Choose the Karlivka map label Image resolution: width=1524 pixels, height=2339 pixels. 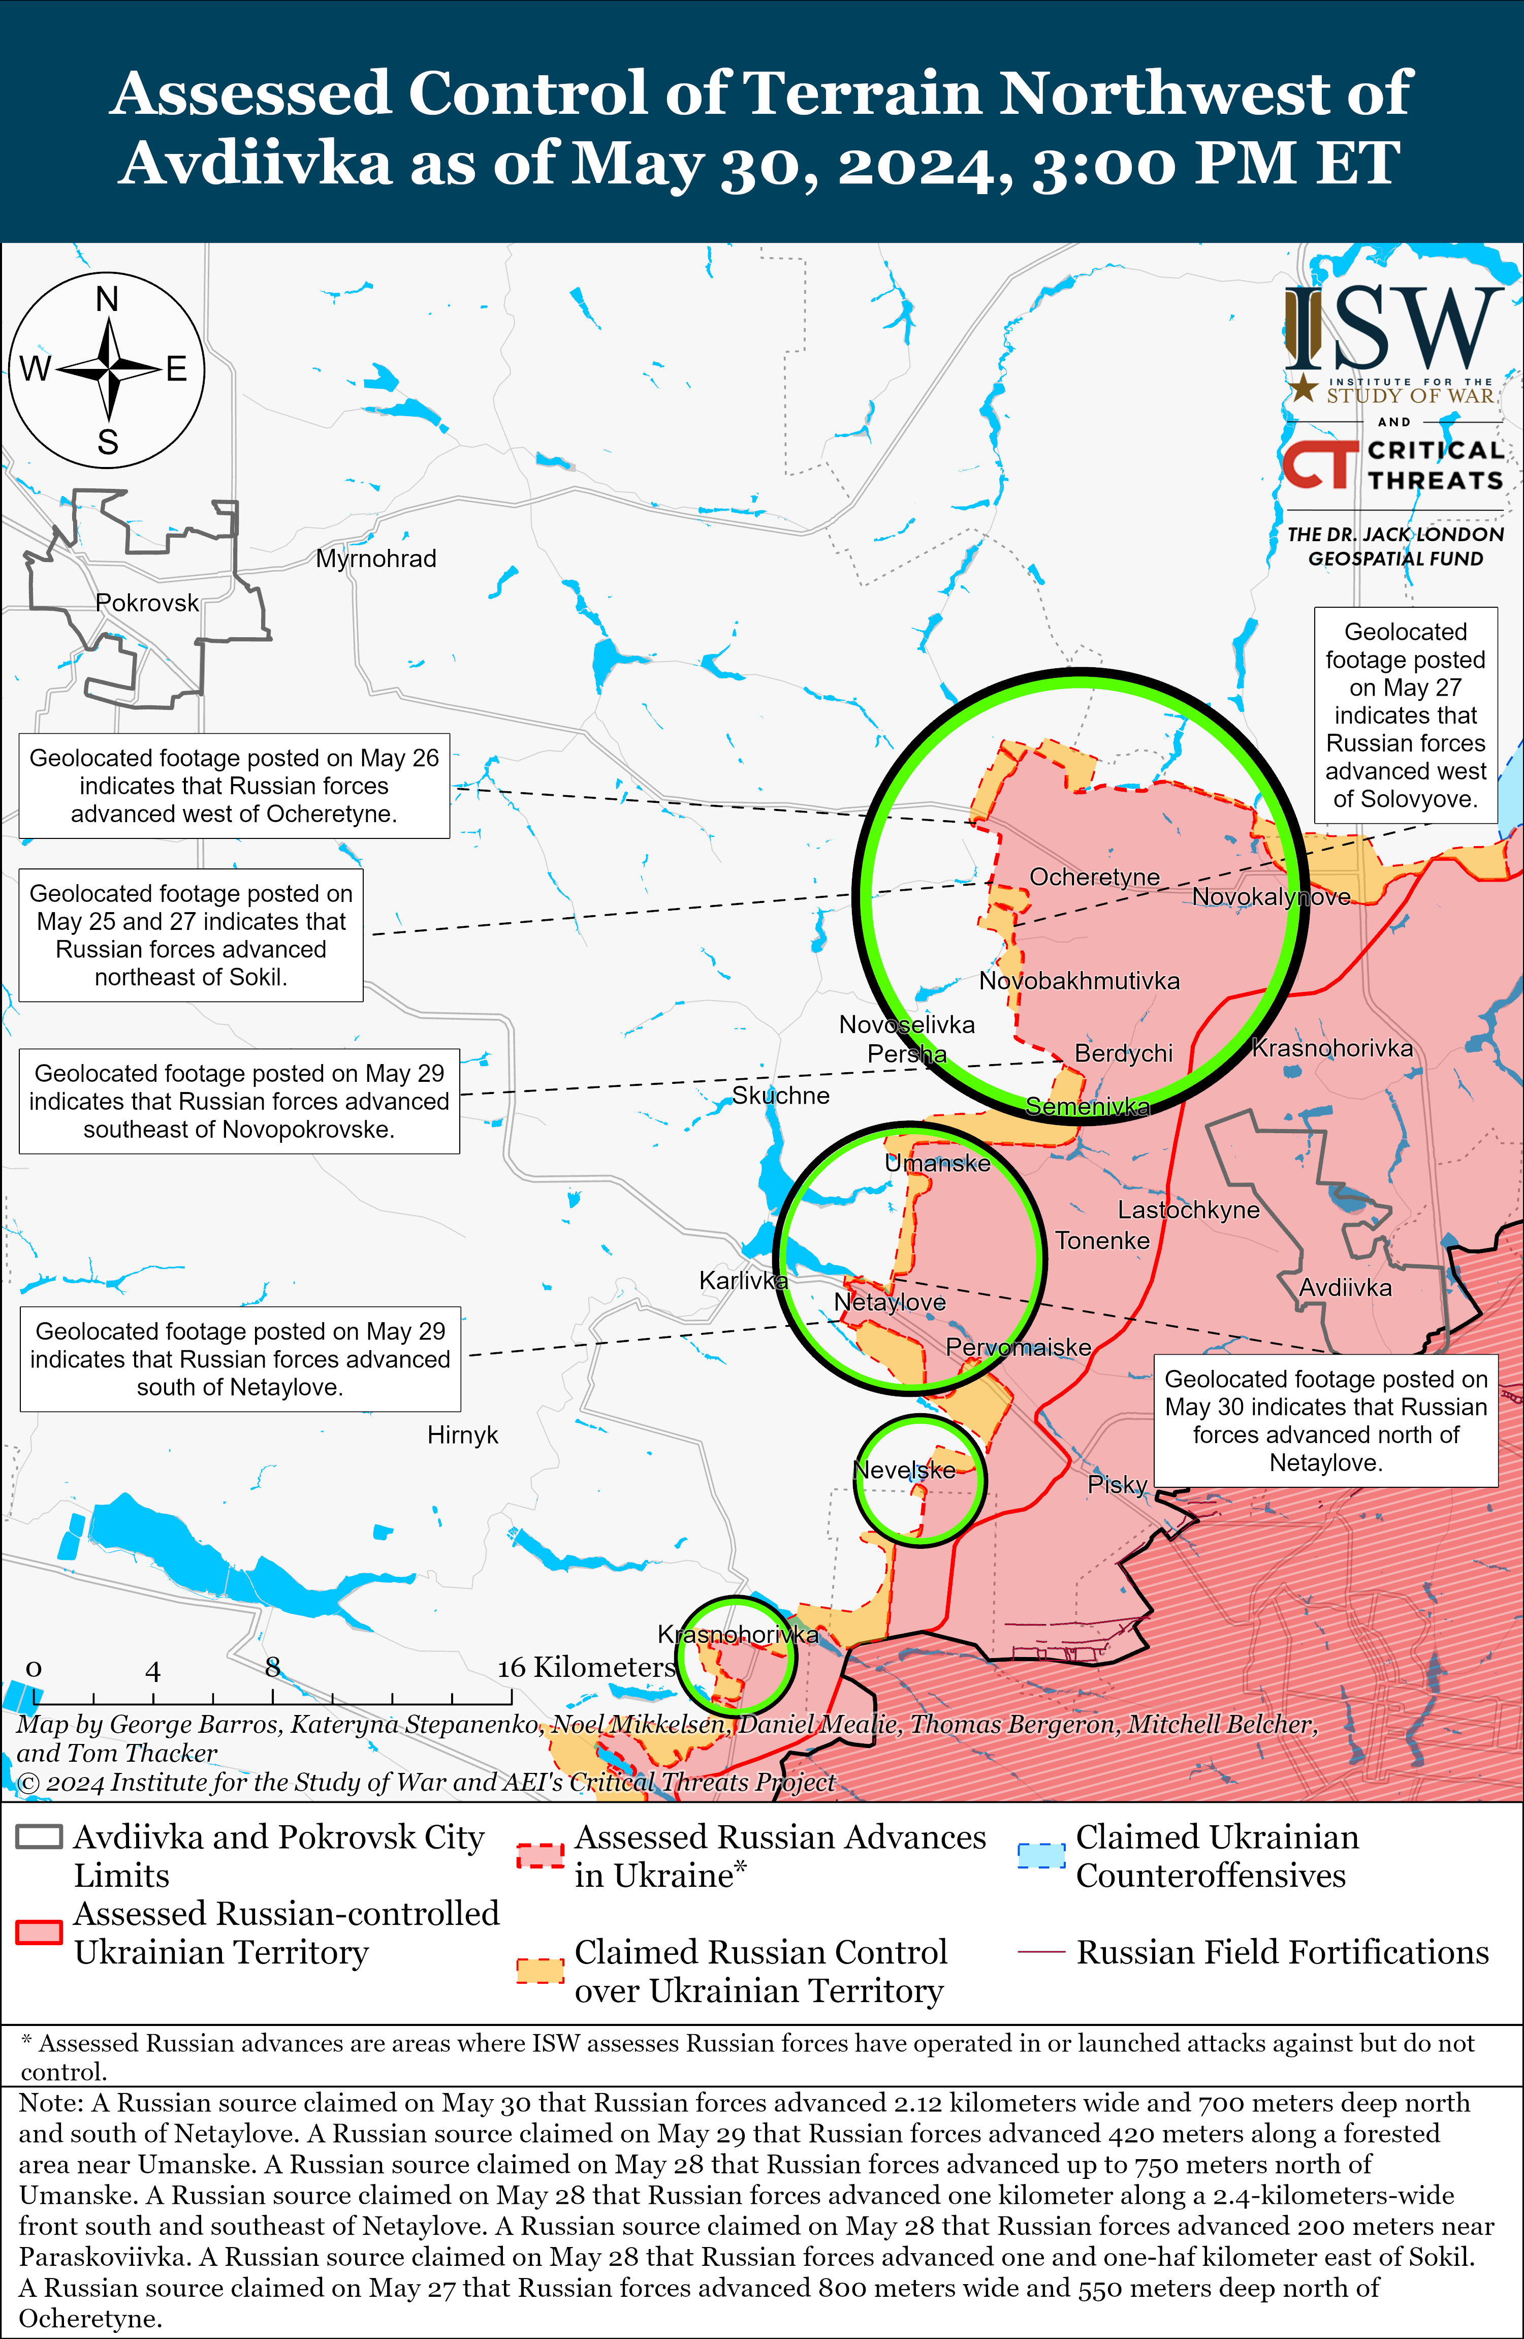click(x=743, y=1281)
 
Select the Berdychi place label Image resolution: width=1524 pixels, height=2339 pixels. click(x=1123, y=1053)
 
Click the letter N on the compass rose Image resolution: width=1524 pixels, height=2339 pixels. click(x=107, y=299)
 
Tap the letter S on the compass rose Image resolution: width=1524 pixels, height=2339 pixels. click(x=107, y=442)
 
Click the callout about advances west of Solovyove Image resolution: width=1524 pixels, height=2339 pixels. click(x=1405, y=714)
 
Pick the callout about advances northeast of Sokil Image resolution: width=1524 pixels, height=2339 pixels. click(x=190, y=934)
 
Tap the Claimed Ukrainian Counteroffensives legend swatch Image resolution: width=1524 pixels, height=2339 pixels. click(x=1040, y=1856)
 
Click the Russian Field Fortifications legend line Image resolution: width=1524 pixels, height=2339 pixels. click(x=1040, y=1952)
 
